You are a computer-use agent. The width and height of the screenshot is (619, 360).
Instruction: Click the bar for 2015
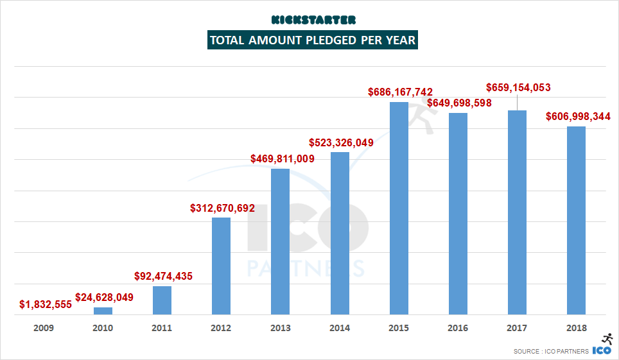[399, 208]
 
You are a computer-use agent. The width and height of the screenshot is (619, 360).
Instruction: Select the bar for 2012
[221, 266]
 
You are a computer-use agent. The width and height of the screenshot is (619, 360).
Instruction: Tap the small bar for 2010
[103, 311]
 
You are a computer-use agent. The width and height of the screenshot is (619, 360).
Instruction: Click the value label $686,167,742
[400, 92]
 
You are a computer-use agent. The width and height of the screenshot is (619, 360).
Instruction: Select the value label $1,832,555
[45, 304]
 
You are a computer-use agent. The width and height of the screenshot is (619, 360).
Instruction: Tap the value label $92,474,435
[163, 277]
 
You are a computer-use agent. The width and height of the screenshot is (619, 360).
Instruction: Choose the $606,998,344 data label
[578, 116]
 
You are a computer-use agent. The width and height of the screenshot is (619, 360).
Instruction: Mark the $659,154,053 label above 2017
[518, 87]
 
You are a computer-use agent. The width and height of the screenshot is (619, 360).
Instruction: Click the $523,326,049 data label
[341, 142]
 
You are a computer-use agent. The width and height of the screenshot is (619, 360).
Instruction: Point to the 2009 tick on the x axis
[44, 328]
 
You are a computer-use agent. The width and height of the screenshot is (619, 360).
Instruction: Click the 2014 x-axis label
[340, 328]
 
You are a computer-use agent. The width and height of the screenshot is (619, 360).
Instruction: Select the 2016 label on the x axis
[458, 328]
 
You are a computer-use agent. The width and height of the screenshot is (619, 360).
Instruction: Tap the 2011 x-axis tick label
[162, 328]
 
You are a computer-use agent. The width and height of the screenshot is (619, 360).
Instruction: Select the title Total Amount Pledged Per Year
[313, 40]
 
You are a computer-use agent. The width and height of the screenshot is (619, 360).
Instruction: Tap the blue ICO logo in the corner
[601, 350]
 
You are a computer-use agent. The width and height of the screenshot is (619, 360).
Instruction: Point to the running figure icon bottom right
[606, 339]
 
